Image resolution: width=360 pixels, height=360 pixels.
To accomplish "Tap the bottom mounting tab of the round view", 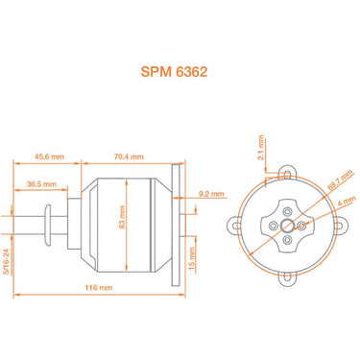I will tap(285, 279).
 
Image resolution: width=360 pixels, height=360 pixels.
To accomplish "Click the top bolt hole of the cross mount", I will tap(285, 208).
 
